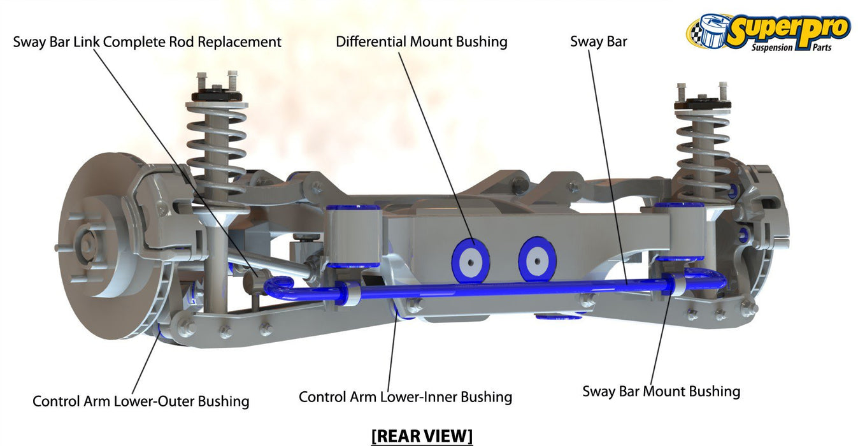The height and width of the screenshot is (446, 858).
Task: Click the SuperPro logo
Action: click(768, 32)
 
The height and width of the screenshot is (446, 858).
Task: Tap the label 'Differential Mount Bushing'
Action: click(422, 42)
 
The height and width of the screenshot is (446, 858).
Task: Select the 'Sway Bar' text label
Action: click(598, 42)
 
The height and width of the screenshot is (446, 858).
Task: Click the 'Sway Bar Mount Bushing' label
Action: click(661, 391)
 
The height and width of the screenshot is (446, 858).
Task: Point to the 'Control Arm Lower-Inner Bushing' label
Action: click(405, 397)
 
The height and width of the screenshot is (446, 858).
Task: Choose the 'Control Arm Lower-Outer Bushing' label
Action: click(141, 401)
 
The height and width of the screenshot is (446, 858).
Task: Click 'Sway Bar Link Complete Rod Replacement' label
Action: click(147, 42)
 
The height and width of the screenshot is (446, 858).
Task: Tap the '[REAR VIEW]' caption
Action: click(422, 436)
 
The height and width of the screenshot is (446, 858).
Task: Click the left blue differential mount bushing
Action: click(470, 259)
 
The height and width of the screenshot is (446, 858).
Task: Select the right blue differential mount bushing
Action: click(537, 258)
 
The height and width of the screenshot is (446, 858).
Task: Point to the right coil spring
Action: click(704, 150)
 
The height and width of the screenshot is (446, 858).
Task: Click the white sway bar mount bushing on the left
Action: click(348, 293)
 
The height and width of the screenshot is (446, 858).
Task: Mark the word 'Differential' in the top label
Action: click(370, 42)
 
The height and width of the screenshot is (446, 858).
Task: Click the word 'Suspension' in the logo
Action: click(772, 48)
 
